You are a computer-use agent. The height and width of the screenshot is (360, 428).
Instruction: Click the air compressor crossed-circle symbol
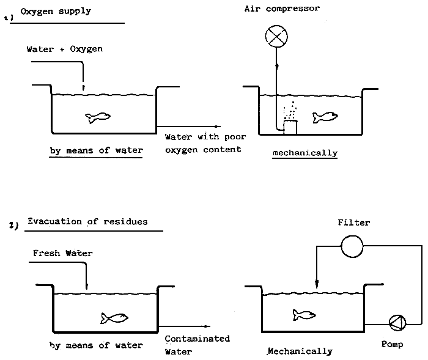(276, 36)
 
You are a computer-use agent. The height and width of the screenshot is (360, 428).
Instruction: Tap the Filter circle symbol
(352, 246)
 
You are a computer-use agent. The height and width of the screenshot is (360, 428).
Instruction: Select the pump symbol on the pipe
(396, 322)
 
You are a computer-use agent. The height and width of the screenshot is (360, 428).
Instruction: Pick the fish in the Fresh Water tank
(114, 317)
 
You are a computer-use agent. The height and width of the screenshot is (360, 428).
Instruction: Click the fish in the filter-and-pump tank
(304, 314)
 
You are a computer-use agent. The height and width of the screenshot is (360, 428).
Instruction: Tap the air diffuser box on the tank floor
(290, 127)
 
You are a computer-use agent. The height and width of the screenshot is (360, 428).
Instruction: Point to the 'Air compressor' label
(282, 9)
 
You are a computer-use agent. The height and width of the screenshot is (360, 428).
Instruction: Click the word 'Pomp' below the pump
(392, 345)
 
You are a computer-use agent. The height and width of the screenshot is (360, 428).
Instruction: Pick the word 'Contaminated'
(197, 339)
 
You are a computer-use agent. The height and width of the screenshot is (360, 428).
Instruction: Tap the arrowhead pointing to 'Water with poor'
(236, 128)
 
